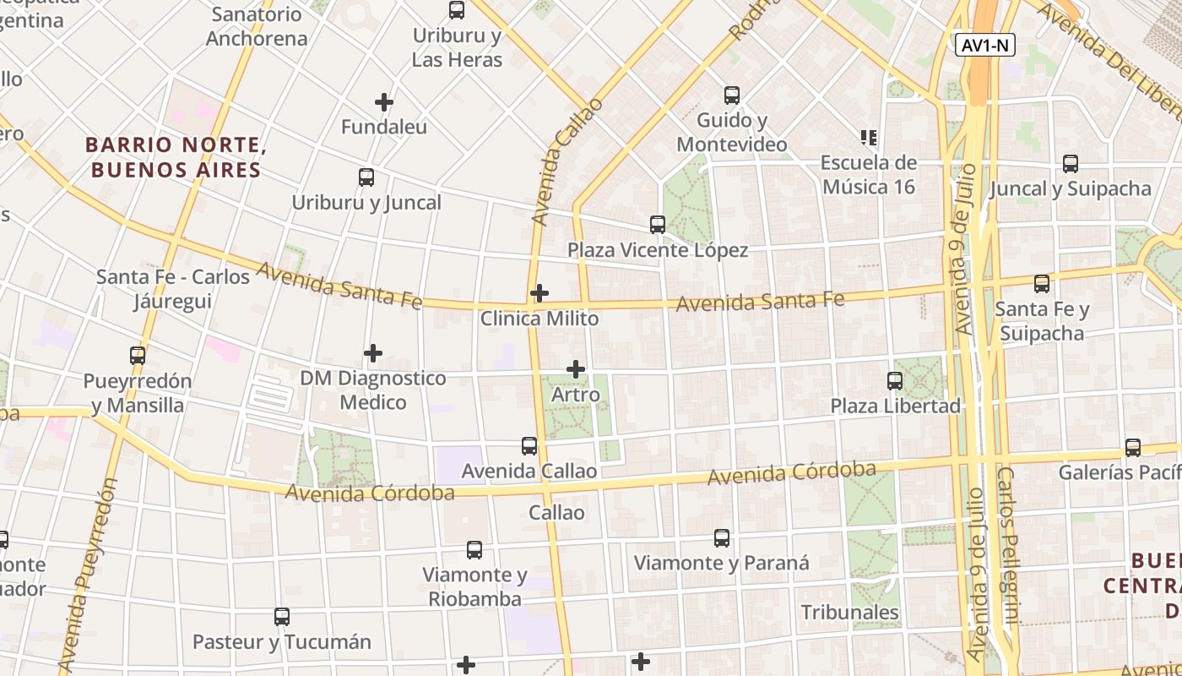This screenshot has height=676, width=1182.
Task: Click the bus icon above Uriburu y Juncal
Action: coord(366,177)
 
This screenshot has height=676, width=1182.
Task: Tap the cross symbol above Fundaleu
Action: coord(384,102)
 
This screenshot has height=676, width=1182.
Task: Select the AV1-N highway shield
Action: coord(985,46)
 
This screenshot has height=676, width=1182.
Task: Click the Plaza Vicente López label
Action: coord(658,250)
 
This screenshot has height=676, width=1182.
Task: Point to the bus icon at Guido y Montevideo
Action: coord(732,95)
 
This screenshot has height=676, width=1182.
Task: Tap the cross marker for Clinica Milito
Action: coord(539,293)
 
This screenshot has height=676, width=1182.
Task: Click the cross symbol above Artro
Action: coord(576,369)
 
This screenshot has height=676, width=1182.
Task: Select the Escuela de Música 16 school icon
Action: coord(869,137)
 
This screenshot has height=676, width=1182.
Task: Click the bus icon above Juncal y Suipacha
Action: coord(1071,164)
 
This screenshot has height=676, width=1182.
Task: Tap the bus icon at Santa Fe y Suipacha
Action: coord(1042,284)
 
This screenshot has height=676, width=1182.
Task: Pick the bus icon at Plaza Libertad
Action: coord(895,381)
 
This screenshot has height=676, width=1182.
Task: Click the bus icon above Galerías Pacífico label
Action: coord(1133,447)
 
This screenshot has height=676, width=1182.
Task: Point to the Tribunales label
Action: coord(850,612)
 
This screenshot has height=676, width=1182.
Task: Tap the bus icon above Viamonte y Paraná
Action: coord(722,538)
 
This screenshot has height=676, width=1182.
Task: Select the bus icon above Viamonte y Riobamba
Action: coord(474,550)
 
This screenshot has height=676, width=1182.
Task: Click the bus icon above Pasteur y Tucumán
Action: coord(282,617)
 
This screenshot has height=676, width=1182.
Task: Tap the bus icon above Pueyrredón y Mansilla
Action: coord(138,356)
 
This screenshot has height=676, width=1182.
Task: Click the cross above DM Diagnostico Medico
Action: coord(373,353)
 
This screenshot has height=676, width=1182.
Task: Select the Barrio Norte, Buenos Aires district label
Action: coord(176,157)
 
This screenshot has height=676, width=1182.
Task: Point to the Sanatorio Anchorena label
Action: coord(257,26)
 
